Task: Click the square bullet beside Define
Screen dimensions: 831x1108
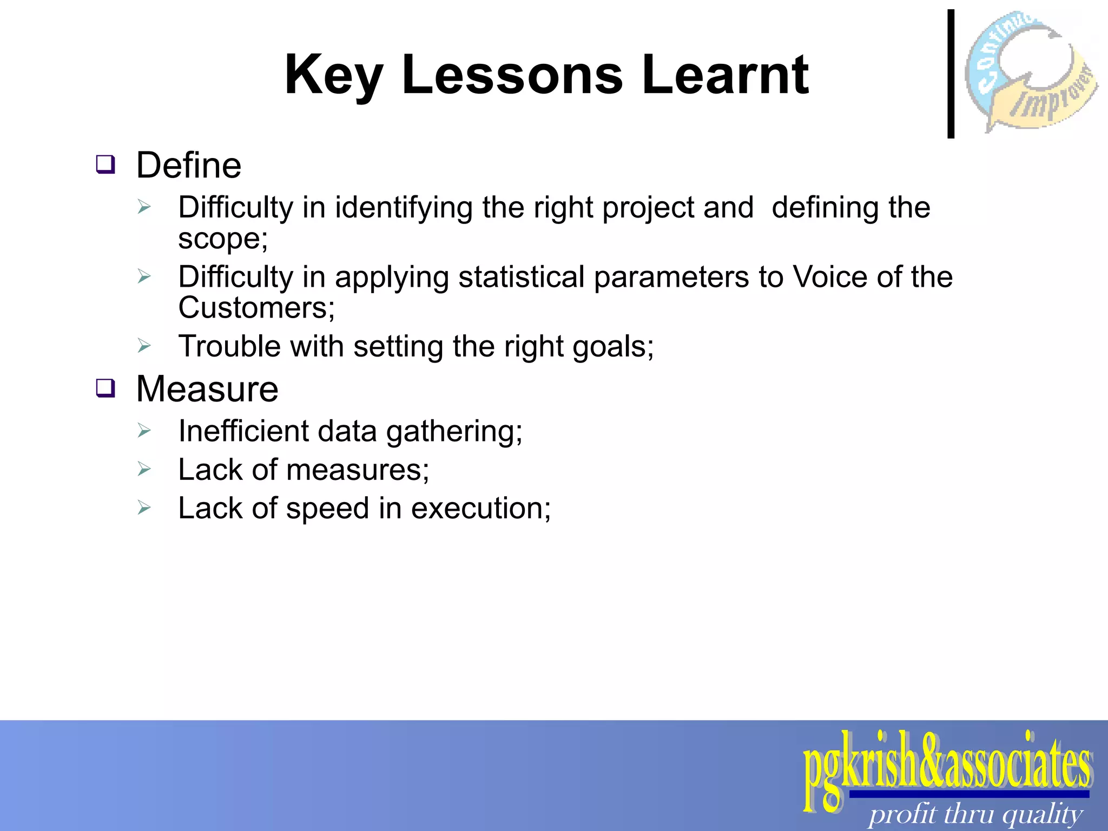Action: [x=105, y=164]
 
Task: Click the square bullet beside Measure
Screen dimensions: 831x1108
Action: [x=105, y=388]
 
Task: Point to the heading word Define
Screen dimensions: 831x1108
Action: [x=188, y=165]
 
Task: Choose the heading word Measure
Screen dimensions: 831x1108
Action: [x=207, y=389]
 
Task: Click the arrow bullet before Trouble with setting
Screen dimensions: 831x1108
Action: [x=143, y=345]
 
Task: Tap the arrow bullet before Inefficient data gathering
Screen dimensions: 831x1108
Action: [x=143, y=431]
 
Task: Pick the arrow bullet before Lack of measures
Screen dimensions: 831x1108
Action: [x=143, y=469]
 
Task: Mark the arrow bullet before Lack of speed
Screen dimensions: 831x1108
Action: [x=143, y=507]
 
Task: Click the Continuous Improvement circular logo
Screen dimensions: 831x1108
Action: [x=1031, y=72]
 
